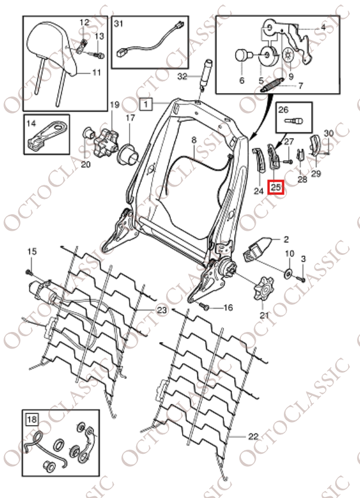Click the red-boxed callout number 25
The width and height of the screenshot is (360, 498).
tap(276, 187)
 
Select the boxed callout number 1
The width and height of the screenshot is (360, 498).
tap(146, 104)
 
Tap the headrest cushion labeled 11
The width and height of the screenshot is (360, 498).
tap(52, 48)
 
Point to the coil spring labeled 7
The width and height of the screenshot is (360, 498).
tap(273, 85)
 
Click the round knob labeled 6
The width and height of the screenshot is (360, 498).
tap(242, 56)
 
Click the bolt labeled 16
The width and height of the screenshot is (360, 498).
tap(205, 307)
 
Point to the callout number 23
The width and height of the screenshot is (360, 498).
tap(162, 310)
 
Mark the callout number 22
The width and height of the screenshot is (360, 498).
tap(253, 436)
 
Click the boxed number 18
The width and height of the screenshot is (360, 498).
tap(32, 420)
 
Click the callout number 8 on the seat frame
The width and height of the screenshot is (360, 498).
tap(194, 140)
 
